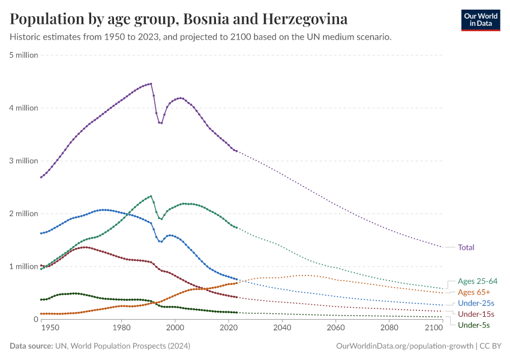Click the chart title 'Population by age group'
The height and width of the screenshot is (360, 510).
(x=178, y=19)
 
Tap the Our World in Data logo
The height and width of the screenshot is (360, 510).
(x=480, y=20)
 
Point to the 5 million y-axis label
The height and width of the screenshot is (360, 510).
(x=24, y=55)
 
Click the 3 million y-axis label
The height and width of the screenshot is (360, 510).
(x=24, y=161)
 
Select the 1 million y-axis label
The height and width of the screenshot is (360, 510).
(x=24, y=266)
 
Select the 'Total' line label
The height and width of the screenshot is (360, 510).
(x=466, y=247)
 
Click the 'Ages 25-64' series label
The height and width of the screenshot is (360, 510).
(x=477, y=281)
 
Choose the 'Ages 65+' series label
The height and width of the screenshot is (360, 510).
(x=473, y=292)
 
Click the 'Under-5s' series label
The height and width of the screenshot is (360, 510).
(x=473, y=325)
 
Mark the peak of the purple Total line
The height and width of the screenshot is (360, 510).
(x=151, y=83)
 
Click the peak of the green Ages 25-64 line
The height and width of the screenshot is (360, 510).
(x=151, y=196)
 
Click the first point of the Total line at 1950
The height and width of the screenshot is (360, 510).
(x=41, y=177)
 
